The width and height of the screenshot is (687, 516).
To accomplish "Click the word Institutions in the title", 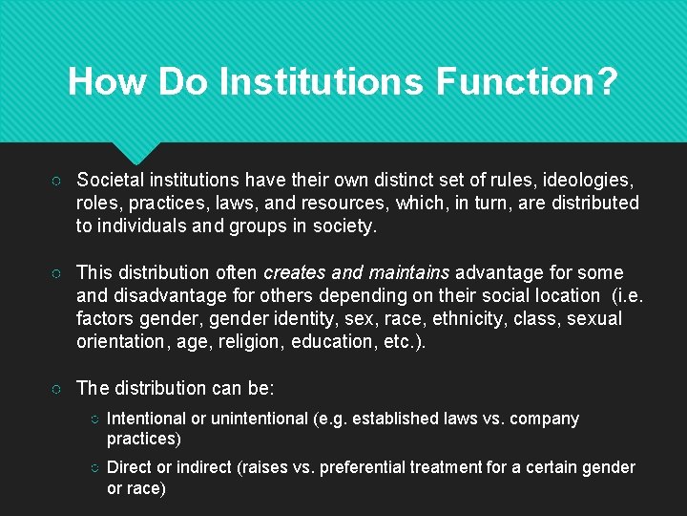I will pyautogui.click(x=322, y=81).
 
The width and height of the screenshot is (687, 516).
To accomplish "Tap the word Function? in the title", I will pyautogui.click(x=527, y=81).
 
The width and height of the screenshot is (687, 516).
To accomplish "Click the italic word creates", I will pyautogui.click(x=296, y=272).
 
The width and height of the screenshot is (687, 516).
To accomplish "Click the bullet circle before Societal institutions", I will pyautogui.click(x=59, y=181).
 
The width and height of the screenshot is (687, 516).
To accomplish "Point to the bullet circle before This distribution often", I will pyautogui.click(x=59, y=273).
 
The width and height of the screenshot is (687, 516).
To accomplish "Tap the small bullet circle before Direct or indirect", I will pyautogui.click(x=94, y=468).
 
